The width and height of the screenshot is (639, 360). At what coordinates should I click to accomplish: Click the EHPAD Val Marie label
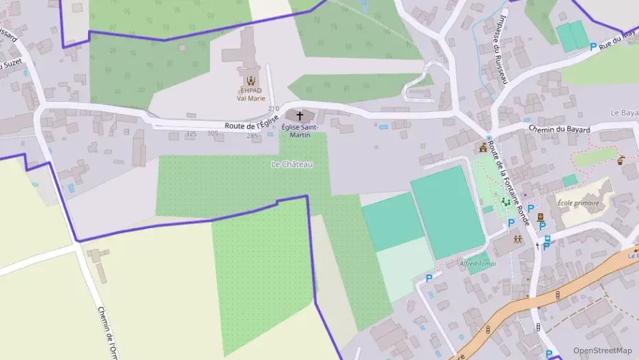click(251, 94)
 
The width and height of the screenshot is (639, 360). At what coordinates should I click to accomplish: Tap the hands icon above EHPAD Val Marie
click(251, 80)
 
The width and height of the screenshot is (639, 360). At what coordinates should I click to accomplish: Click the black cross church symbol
click(300, 116)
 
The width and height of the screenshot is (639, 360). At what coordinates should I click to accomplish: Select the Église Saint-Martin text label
click(300, 130)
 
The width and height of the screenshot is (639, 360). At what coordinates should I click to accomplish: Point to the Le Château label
click(292, 164)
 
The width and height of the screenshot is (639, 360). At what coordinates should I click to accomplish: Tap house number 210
click(274, 109)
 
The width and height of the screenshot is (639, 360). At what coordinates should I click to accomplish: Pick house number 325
click(191, 134)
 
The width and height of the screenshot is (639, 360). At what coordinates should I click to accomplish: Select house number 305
click(213, 134)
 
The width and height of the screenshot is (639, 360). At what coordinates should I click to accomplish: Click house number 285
click(253, 136)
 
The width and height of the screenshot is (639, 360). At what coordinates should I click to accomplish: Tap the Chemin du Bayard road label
click(559, 129)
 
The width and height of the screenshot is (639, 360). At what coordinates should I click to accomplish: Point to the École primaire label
click(578, 203)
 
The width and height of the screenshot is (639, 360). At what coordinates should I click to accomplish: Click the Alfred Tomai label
click(477, 264)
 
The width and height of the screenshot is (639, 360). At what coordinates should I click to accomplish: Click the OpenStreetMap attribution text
click(602, 350)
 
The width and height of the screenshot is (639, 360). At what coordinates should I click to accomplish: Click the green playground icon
click(505, 202)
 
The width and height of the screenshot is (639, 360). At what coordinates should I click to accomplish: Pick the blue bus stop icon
click(548, 239)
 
